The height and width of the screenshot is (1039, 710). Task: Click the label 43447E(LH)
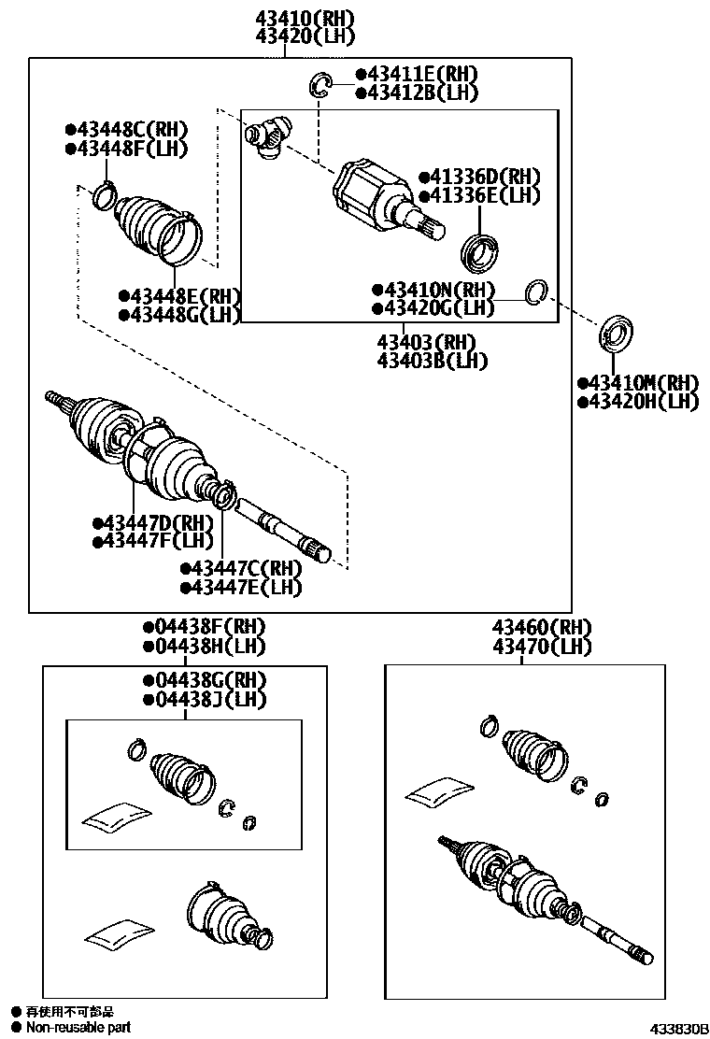[x=245, y=587]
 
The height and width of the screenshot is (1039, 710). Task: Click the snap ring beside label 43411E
[x=321, y=85]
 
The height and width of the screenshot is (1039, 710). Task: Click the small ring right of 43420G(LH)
[x=535, y=292]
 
